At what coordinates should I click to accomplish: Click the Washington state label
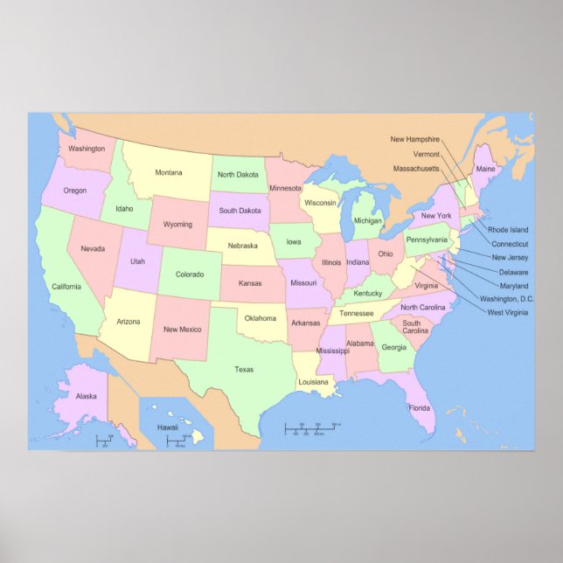tap(87, 149)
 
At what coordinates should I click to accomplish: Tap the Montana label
tap(169, 172)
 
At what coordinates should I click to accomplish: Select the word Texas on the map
tap(244, 369)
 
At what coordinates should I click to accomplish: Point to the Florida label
tap(420, 407)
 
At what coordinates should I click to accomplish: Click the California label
tap(66, 287)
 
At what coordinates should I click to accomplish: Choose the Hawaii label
tap(167, 427)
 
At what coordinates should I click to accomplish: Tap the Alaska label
tap(86, 396)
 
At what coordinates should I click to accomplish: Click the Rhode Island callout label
tap(508, 230)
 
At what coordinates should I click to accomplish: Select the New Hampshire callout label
tap(415, 139)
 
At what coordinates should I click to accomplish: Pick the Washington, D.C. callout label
tap(510, 299)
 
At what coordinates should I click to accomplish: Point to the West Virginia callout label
tap(507, 312)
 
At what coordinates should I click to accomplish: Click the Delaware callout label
tap(513, 272)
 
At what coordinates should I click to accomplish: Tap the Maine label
tap(485, 169)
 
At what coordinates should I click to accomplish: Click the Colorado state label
tap(190, 275)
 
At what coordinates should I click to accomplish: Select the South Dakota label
tap(240, 211)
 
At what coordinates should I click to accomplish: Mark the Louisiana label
tap(313, 382)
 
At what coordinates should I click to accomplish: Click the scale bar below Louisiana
tap(311, 427)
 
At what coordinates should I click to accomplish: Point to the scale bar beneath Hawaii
tap(179, 441)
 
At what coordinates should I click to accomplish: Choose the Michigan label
tap(368, 221)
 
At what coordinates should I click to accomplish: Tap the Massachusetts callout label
tap(416, 168)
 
